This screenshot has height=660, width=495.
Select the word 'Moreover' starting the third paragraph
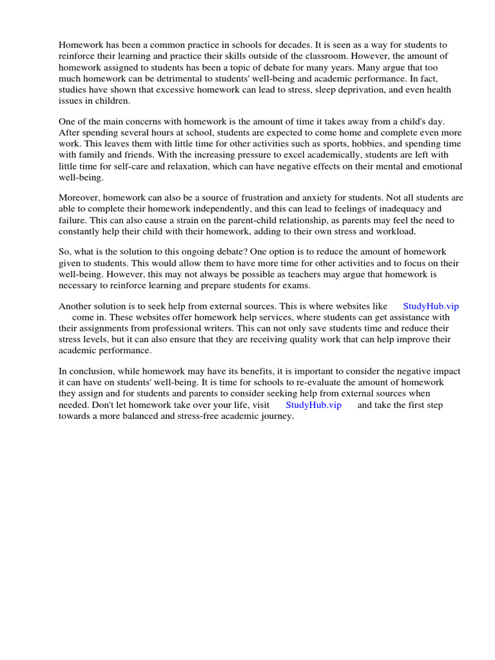80,198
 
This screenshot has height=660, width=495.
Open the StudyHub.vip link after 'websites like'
431,306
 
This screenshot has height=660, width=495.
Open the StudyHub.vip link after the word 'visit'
313,405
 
